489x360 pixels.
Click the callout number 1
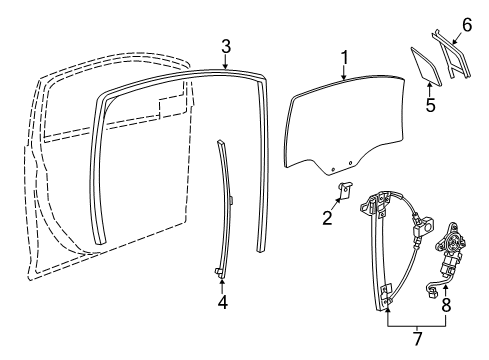pyautogui.click(x=343, y=58)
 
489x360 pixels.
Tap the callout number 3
pyautogui.click(x=226, y=45)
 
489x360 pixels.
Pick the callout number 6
pyautogui.click(x=466, y=23)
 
